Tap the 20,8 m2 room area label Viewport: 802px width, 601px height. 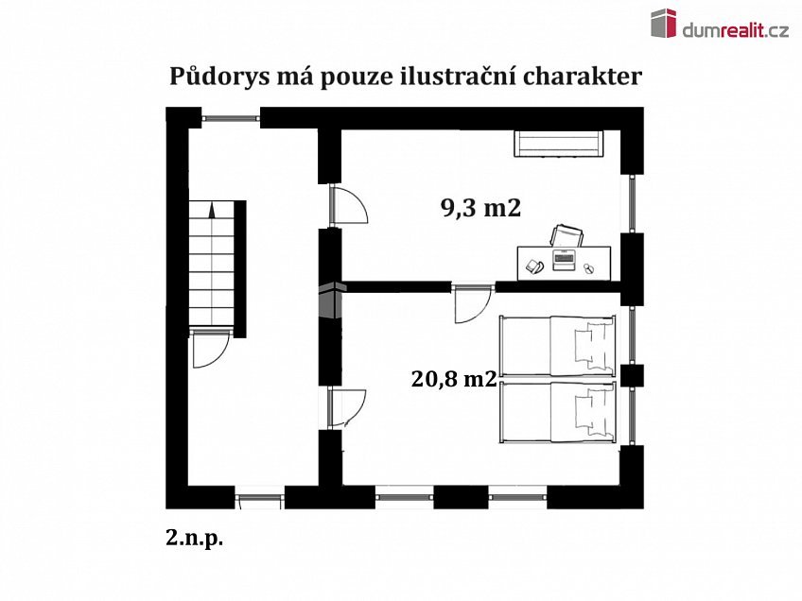click(x=454, y=379)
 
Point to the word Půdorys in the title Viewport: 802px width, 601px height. click(x=215, y=77)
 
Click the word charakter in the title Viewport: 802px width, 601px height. click(x=582, y=77)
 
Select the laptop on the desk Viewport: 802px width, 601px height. click(x=565, y=257)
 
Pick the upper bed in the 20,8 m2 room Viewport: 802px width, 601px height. click(x=558, y=346)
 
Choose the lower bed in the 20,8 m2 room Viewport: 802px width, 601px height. click(x=558, y=411)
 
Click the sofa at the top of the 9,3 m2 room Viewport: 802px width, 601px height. click(x=559, y=144)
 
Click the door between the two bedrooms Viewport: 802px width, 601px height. click(x=469, y=304)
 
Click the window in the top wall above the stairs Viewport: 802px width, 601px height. click(x=230, y=118)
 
